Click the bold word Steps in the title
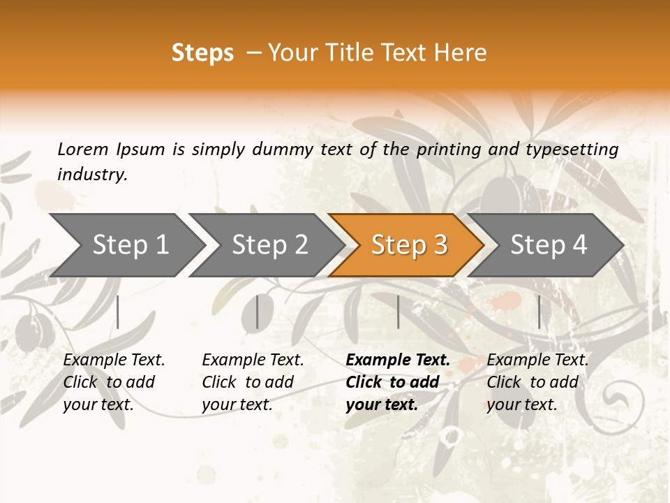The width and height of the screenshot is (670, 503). click(202, 53)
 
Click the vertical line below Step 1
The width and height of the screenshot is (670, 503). click(118, 312)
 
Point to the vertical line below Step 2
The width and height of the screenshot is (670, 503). click(258, 312)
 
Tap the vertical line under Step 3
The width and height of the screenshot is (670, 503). click(398, 312)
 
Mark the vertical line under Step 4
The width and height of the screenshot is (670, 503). click(539, 312)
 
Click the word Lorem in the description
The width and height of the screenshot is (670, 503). click(83, 150)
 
